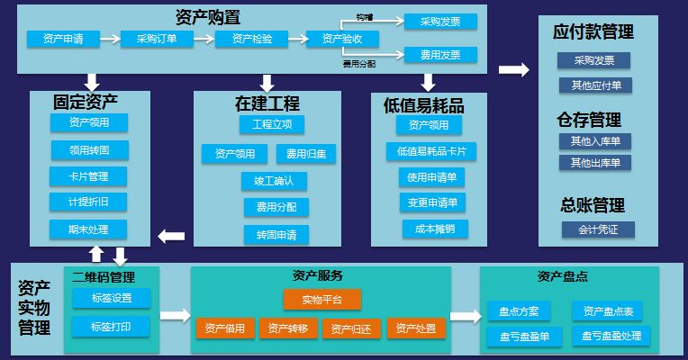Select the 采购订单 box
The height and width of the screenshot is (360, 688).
[x=157, y=39]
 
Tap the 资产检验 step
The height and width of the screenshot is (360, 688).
[x=252, y=39]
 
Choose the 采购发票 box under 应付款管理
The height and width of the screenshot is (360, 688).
[x=593, y=60]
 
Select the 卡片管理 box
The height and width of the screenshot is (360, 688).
[x=90, y=175]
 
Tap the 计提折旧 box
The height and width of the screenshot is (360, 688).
[x=90, y=201]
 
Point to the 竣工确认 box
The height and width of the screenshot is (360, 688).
[x=274, y=181]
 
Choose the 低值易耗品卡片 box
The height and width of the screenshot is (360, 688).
[x=430, y=151]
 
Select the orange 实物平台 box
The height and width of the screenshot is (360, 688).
[x=322, y=299]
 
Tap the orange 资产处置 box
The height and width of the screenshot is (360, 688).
[x=417, y=328]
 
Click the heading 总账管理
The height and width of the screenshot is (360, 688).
[x=593, y=204]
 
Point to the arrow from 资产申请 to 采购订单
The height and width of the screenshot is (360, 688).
[x=109, y=39]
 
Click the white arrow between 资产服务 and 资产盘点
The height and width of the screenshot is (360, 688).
[x=465, y=316]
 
